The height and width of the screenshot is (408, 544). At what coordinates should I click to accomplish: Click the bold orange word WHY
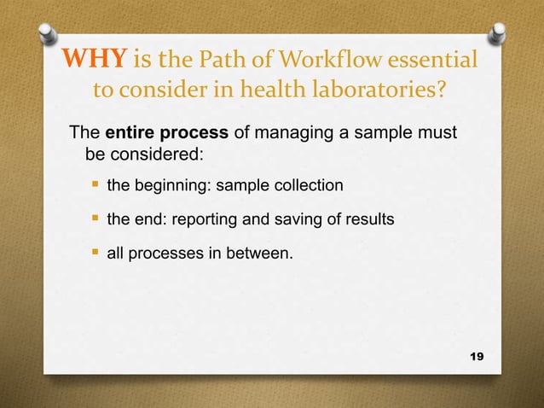click(92, 62)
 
